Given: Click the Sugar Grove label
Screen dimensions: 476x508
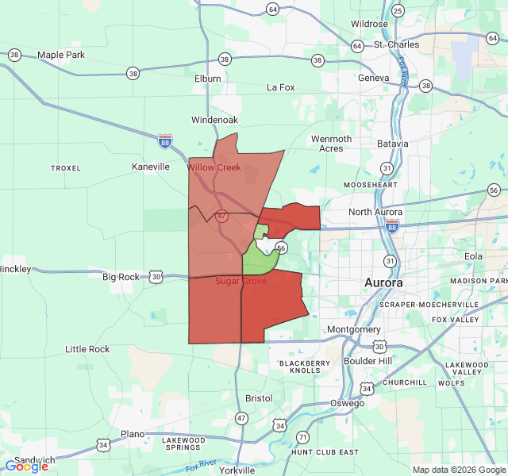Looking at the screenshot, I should tap(241, 282).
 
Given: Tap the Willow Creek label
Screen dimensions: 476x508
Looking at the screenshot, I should tap(214, 167).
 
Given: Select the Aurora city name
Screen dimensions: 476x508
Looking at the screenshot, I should tap(383, 282).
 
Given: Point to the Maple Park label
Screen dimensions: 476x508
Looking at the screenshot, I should tap(60, 55).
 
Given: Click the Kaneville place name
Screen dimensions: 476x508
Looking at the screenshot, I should tap(151, 167).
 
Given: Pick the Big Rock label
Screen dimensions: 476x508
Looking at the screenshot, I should tap(121, 277).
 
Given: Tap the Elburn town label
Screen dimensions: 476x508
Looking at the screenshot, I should tap(207, 79).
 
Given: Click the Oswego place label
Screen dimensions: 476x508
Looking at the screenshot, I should tap(347, 403).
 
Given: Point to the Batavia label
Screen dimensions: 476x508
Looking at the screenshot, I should tap(392, 144).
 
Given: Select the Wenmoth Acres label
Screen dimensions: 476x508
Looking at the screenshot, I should tap(331, 144).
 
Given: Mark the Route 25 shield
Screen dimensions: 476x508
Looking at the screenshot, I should tap(398, 10).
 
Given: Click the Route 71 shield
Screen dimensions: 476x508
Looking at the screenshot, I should tap(302, 437).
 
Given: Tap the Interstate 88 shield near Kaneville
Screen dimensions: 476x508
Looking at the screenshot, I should tap(165, 140).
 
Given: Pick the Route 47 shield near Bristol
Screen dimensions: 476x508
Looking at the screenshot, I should tap(241, 417).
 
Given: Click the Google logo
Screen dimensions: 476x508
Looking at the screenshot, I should tap(27, 466).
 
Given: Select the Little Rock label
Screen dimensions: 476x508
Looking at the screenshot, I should tap(87, 349).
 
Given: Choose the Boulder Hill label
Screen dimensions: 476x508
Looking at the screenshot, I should tap(368, 361).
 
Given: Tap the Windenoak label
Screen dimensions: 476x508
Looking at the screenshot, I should tap(214, 120).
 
